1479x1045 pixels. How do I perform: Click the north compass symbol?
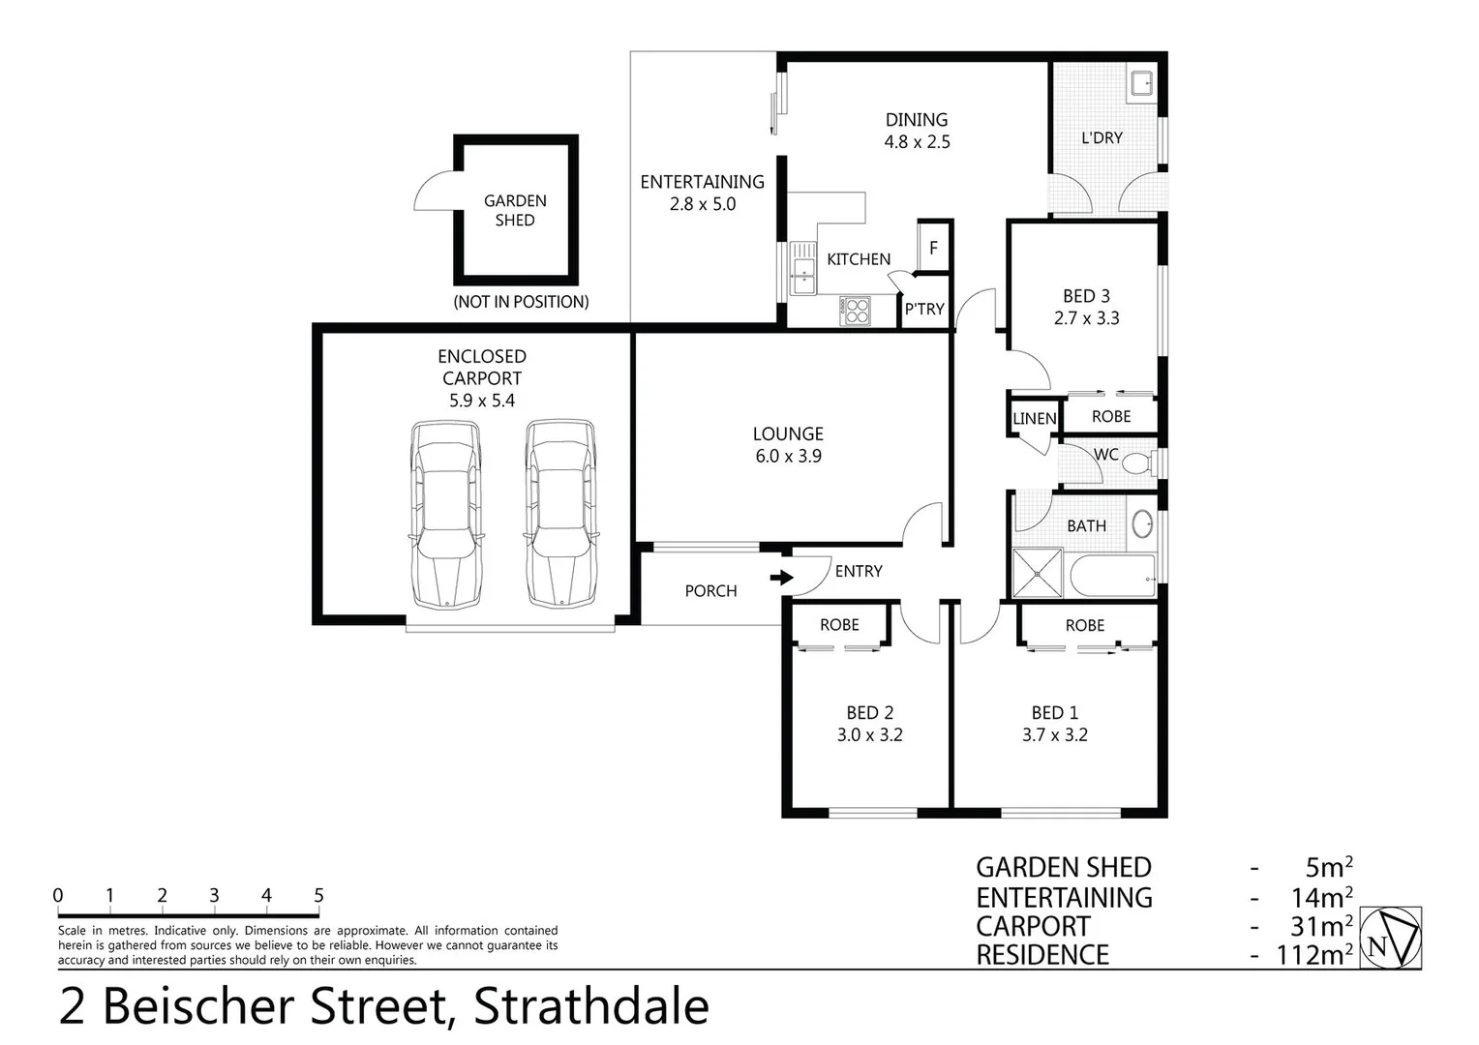1391,937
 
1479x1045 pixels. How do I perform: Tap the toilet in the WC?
1135,463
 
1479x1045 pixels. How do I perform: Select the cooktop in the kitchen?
856,310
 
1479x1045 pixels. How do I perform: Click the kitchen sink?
801,268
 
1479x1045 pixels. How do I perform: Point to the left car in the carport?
445,514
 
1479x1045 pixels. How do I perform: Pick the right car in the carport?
560,514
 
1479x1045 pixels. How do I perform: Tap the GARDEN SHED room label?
515,210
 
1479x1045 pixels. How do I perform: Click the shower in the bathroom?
1037,573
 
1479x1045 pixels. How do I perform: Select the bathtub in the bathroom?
1113,576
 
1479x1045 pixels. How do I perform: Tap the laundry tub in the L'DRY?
1142,83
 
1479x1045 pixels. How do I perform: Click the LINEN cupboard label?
1034,419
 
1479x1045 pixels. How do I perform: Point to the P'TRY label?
924,309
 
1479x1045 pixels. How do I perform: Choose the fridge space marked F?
933,248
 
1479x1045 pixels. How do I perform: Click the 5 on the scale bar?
318,896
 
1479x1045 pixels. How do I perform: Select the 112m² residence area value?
1313,955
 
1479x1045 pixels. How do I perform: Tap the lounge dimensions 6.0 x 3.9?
788,456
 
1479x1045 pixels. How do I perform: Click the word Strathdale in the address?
590,1006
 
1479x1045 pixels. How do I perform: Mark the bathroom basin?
1143,523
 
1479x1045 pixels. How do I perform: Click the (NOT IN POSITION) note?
521,302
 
